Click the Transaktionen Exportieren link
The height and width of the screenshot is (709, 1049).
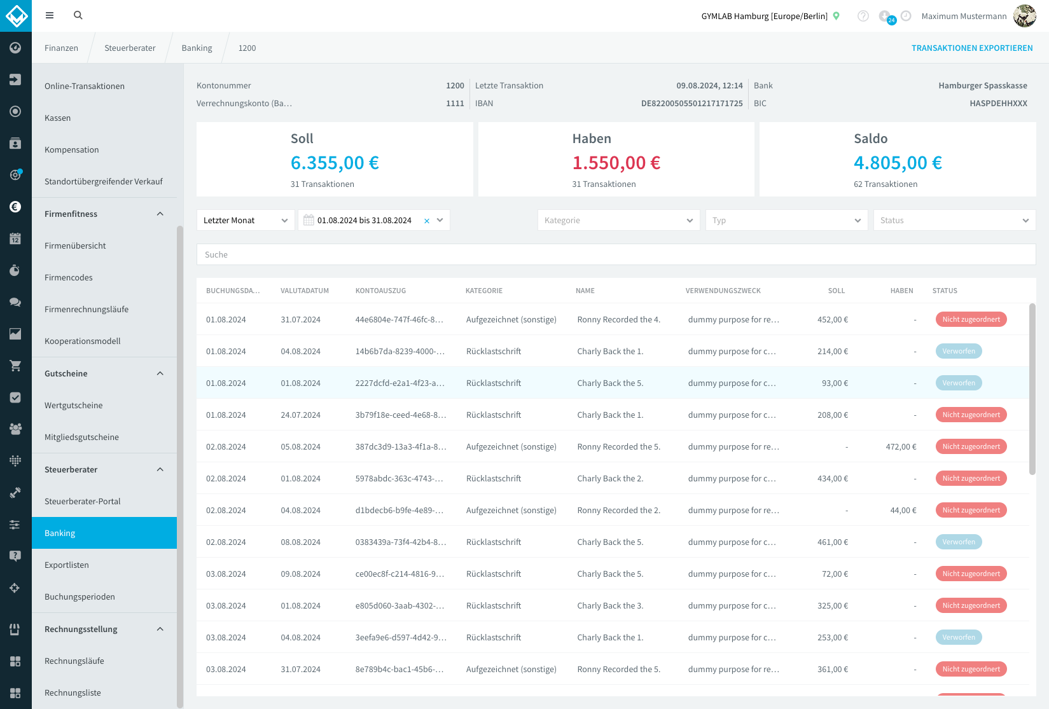coord(972,48)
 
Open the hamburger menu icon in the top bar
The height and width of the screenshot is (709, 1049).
coord(49,15)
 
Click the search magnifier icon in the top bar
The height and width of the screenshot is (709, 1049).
coord(78,15)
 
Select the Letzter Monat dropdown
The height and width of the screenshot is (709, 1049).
coord(246,220)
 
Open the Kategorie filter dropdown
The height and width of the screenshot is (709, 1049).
coord(618,220)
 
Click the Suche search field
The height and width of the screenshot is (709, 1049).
coord(616,254)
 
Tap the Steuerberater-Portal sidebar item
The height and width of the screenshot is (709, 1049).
coord(83,501)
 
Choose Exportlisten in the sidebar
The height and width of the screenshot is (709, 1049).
coord(67,565)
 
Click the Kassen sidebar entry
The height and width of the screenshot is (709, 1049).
coord(58,118)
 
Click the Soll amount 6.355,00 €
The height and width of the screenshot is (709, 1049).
coord(335,162)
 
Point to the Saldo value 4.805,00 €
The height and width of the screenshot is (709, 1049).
coord(898,162)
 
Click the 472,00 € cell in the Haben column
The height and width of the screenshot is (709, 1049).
coord(901,446)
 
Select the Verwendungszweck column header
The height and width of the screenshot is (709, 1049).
coord(723,291)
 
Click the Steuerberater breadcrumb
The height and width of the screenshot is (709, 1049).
coord(130,48)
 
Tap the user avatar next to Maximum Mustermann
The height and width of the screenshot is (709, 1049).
coord(1024,16)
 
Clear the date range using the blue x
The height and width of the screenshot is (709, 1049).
coord(427,221)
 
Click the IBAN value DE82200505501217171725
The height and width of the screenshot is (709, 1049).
coord(691,104)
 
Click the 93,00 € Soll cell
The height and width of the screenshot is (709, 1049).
coord(835,383)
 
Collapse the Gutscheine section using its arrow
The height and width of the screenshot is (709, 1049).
coord(160,373)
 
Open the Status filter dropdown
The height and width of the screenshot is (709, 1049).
coord(954,220)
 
